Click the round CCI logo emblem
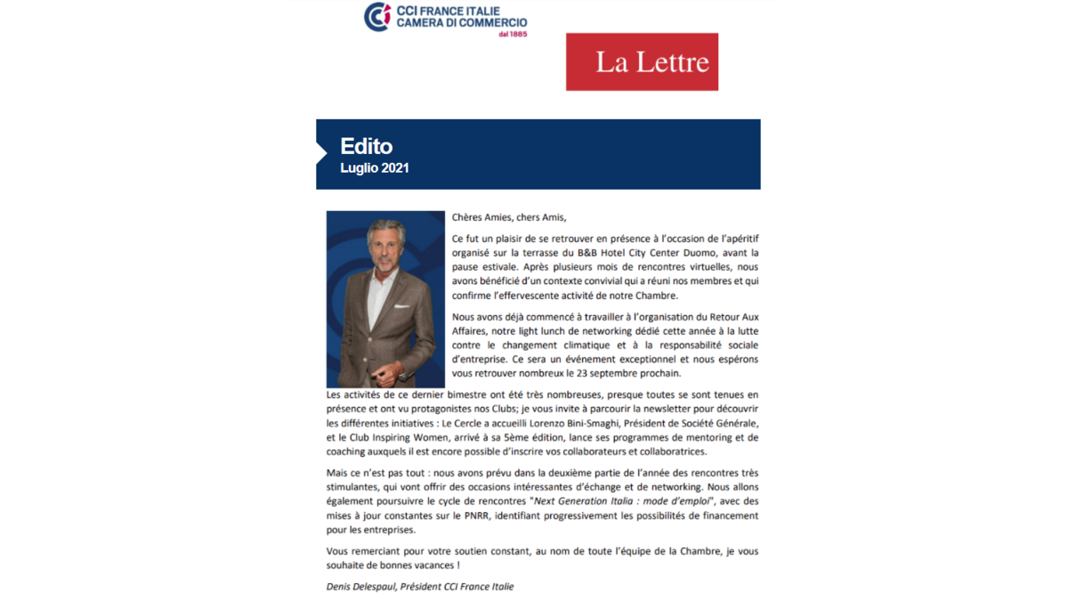click(377, 17)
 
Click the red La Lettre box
click(642, 62)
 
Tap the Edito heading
click(366, 146)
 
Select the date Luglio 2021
click(375, 167)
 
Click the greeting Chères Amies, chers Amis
click(508, 217)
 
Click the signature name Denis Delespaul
click(360, 587)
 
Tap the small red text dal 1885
click(514, 34)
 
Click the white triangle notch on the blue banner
click(321, 154)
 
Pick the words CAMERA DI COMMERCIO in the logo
click(461, 22)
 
